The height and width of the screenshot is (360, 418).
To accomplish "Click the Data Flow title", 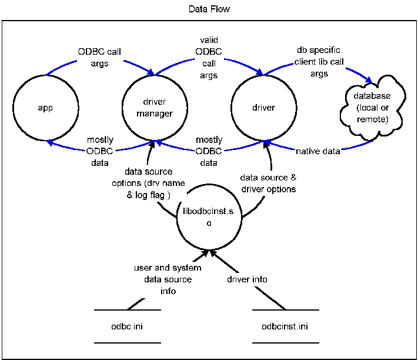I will click(209, 9).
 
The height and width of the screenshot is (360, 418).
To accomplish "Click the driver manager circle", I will click(155, 108).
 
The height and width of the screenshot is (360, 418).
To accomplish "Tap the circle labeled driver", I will click(263, 108).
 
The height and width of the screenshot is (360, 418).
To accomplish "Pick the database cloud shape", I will click(372, 108).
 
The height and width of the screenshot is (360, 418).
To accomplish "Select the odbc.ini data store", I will click(128, 326).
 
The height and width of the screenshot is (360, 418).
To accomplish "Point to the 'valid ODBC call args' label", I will click(209, 58).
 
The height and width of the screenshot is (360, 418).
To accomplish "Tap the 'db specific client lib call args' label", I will click(318, 62).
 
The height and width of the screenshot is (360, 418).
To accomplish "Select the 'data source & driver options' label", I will click(268, 183).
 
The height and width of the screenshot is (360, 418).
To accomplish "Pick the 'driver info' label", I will click(247, 279).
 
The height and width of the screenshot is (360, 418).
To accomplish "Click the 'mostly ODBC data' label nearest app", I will click(100, 151).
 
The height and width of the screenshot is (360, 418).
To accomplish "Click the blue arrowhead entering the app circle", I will click(49, 142).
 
